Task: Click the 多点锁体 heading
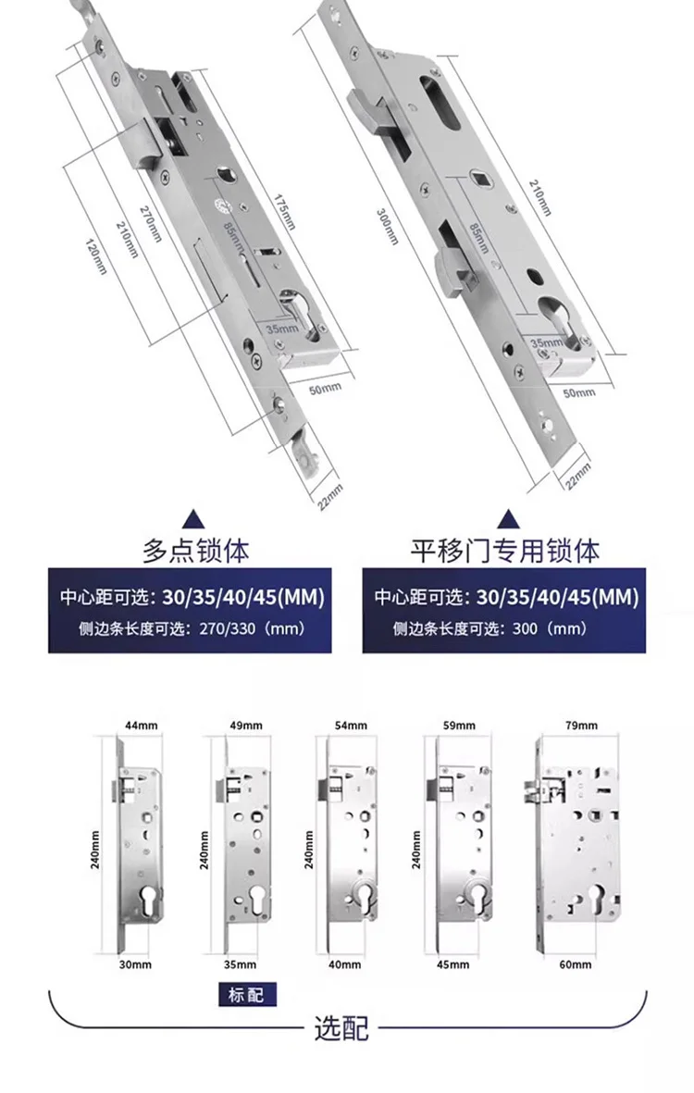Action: coord(195,552)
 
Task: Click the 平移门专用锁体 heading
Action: coord(504,552)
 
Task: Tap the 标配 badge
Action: coord(246,996)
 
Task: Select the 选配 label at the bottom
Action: coord(342,1027)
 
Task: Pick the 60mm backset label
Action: coord(575,964)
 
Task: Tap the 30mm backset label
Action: coord(135,964)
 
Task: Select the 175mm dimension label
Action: coord(285,214)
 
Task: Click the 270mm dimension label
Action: coord(150,223)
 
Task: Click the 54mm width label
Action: coord(352,727)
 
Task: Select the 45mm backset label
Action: coord(454,964)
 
